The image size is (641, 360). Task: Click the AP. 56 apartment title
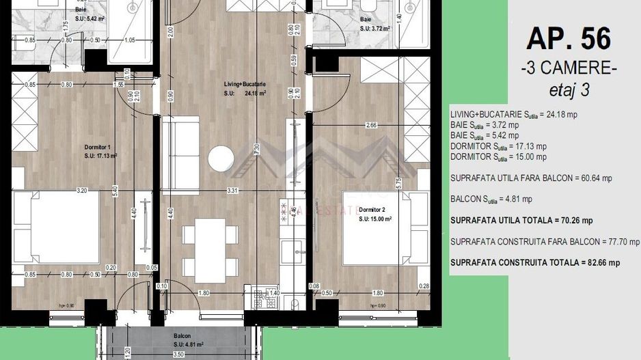click(568, 38)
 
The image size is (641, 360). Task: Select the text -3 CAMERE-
click(568, 69)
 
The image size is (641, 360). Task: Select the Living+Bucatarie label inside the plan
click(244, 84)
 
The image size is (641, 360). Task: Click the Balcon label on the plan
click(182, 337)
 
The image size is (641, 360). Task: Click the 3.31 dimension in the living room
click(232, 192)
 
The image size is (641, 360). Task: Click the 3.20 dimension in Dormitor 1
click(83, 189)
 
